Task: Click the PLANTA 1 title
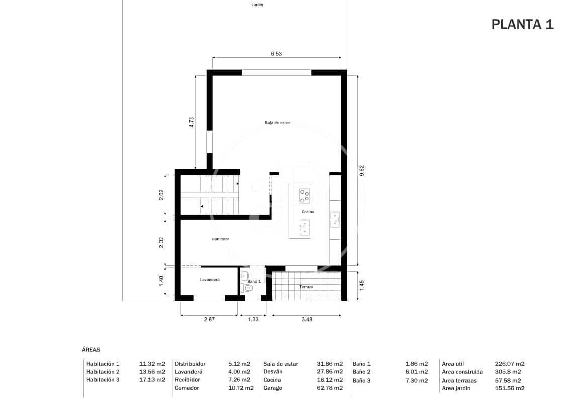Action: (x=522, y=24)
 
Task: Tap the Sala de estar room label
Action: (x=277, y=122)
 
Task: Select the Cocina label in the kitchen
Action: (x=308, y=212)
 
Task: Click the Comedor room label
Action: (x=220, y=239)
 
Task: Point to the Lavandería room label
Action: (x=210, y=279)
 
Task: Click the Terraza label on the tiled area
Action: (x=306, y=287)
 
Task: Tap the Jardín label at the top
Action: (x=257, y=5)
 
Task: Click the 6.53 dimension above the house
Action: (x=276, y=53)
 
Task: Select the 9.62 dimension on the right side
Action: (x=362, y=171)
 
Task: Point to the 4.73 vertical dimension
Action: (x=192, y=123)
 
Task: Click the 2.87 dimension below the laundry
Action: (x=209, y=319)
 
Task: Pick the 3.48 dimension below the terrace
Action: (x=306, y=319)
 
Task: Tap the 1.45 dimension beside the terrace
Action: (x=362, y=285)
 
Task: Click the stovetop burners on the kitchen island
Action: (x=305, y=195)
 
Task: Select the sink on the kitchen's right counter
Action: (x=335, y=218)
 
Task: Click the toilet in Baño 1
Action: (x=247, y=288)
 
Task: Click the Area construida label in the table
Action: (x=462, y=372)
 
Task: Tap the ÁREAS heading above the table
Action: (x=91, y=349)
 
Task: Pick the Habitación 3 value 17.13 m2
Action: (x=152, y=380)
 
